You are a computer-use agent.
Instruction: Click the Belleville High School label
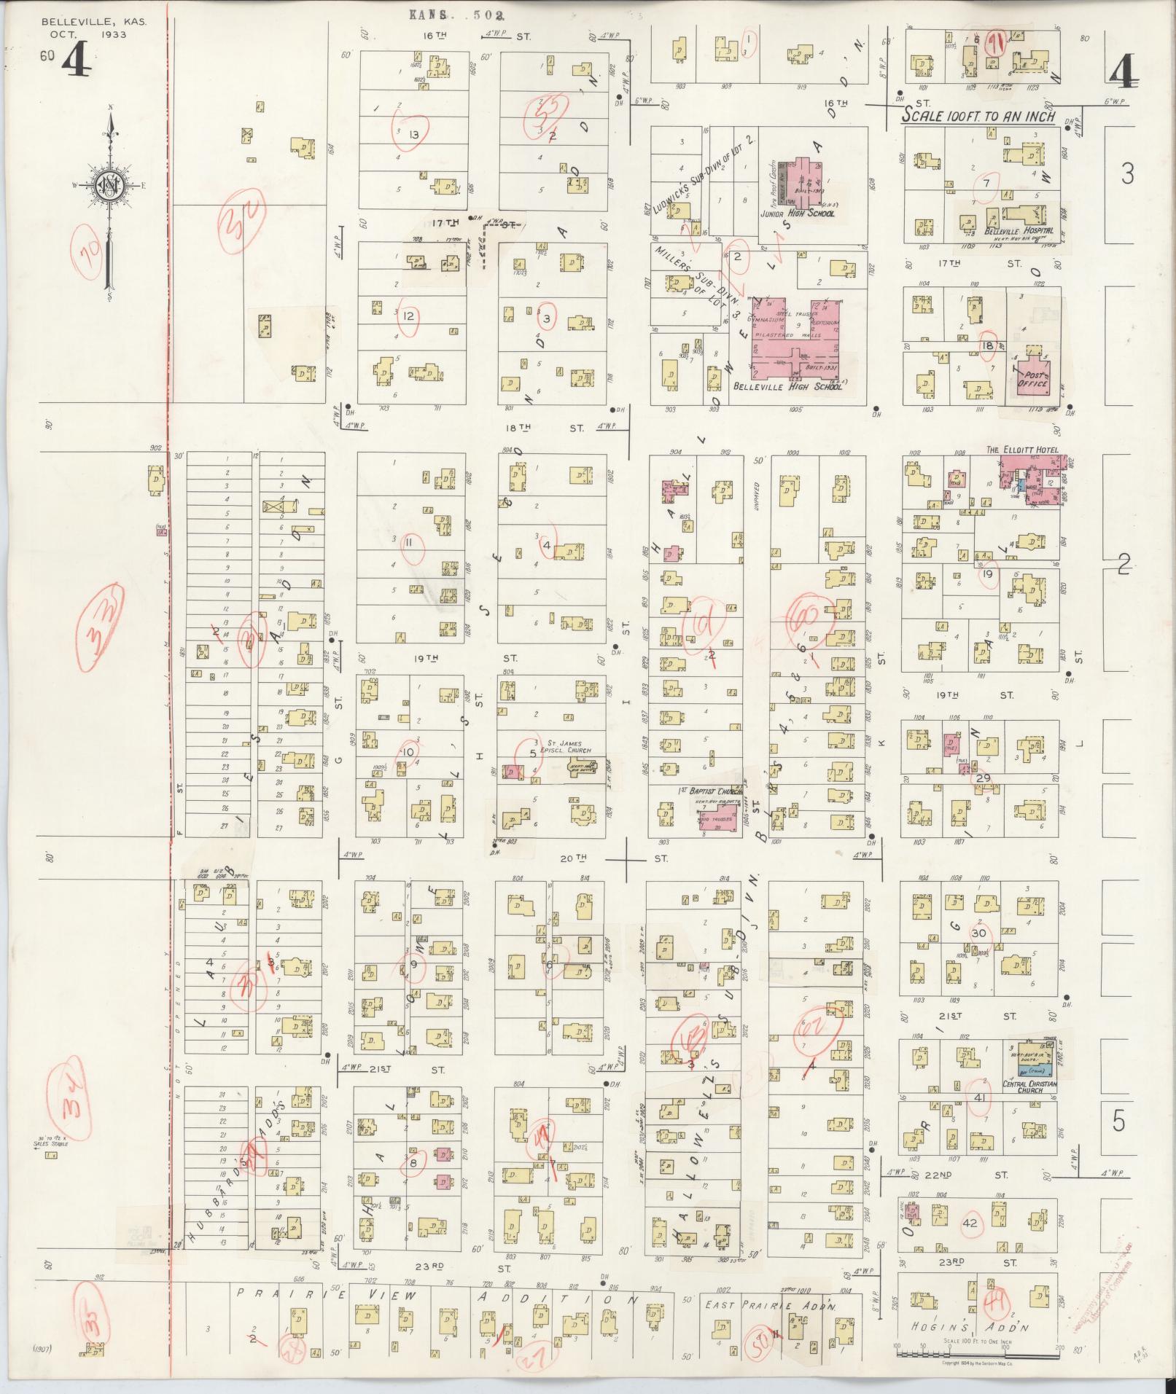tap(787, 387)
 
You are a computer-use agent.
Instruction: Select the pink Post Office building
tap(1032, 377)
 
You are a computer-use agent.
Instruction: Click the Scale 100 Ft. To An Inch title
tap(978, 116)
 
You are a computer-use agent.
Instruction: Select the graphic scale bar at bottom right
tap(977, 1353)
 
